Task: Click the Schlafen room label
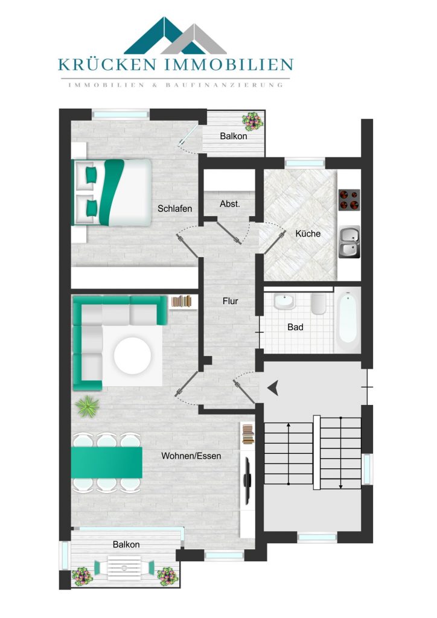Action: [174, 208]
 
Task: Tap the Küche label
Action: [308, 234]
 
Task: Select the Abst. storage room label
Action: [230, 204]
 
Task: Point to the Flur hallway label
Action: [230, 301]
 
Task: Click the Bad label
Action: [295, 327]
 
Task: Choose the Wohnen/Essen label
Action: [191, 456]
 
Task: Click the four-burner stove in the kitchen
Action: [349, 200]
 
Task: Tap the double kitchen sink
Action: [349, 242]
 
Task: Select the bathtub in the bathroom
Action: [348, 319]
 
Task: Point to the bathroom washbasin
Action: [284, 301]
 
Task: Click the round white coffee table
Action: [132, 355]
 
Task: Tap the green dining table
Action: [106, 462]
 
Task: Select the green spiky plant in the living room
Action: [87, 407]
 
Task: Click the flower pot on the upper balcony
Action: [252, 121]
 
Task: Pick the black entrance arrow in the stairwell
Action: [273, 388]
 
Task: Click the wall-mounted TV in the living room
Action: [247, 480]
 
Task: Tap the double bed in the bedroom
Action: [112, 192]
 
